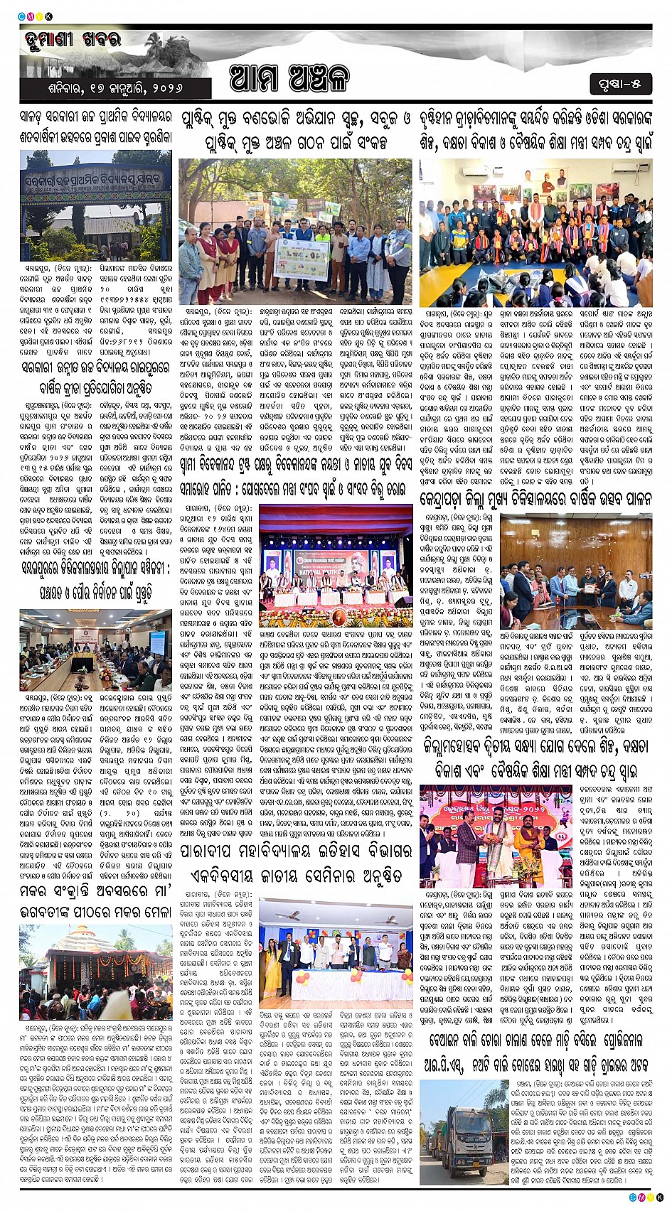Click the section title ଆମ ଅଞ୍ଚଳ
point(289,78)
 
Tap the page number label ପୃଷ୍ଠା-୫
point(619,84)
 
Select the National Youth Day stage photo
point(336,565)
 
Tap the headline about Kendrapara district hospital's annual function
point(535,498)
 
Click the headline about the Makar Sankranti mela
point(95,900)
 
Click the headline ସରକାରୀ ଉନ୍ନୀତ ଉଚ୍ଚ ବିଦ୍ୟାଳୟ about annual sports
point(95,377)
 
